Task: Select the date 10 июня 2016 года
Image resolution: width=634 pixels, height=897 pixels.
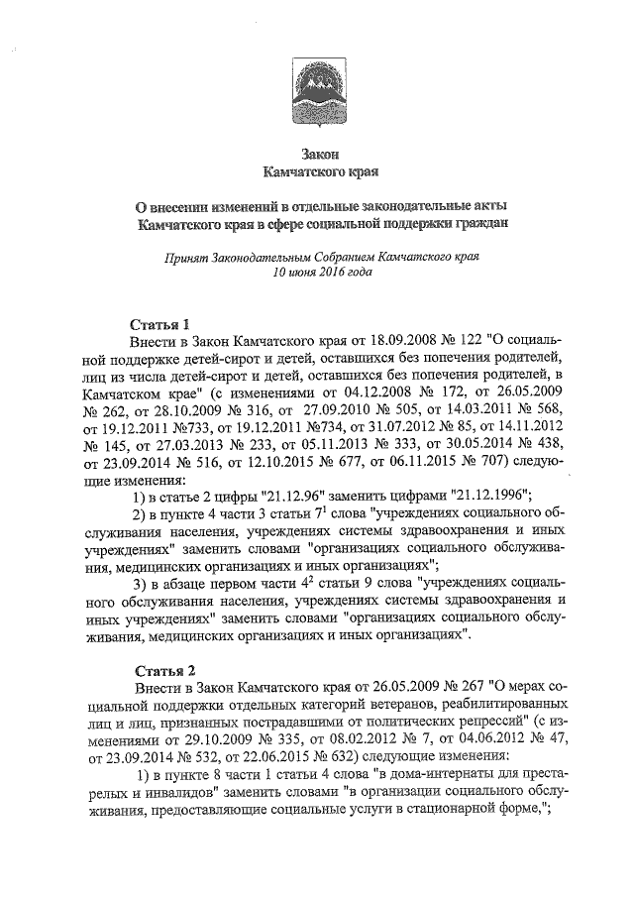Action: point(322,272)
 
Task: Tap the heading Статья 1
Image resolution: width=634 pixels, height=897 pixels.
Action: point(161,324)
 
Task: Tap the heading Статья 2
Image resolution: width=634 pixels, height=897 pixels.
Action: point(161,669)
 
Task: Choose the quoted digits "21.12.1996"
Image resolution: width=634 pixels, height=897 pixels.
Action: point(492,495)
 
